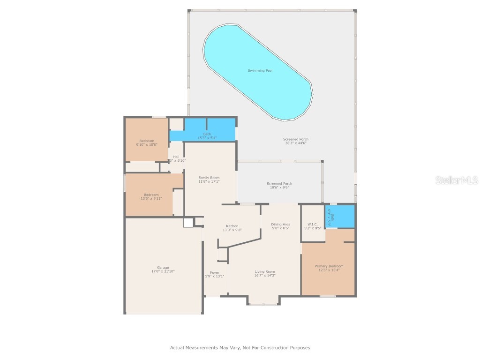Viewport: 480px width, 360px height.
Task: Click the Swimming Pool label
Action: pos(260,71)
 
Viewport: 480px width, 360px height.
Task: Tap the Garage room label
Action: pos(163,268)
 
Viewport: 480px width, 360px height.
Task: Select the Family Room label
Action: pos(209,178)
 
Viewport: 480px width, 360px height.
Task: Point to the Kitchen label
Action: pos(232,226)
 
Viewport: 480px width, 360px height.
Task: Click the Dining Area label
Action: pos(280,225)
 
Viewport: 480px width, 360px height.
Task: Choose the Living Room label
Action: pos(265,272)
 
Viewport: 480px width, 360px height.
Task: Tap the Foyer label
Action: pos(215,272)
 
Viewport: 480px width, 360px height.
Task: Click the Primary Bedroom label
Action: pos(329,266)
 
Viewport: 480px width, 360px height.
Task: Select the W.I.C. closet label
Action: pos(313,224)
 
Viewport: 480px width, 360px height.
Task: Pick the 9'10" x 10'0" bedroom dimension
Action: pos(146,145)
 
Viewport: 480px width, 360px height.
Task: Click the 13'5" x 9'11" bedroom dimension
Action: pos(151,199)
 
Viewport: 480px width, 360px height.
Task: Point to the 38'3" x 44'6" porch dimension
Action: pos(296,143)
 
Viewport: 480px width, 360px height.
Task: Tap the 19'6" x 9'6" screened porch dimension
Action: pos(279,187)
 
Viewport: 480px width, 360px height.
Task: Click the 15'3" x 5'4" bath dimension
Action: pos(207,138)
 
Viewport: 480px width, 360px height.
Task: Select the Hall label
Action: pos(176,157)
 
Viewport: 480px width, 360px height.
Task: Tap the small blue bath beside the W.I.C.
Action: pos(340,217)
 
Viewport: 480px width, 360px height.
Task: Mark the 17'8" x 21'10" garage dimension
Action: pos(163,272)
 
